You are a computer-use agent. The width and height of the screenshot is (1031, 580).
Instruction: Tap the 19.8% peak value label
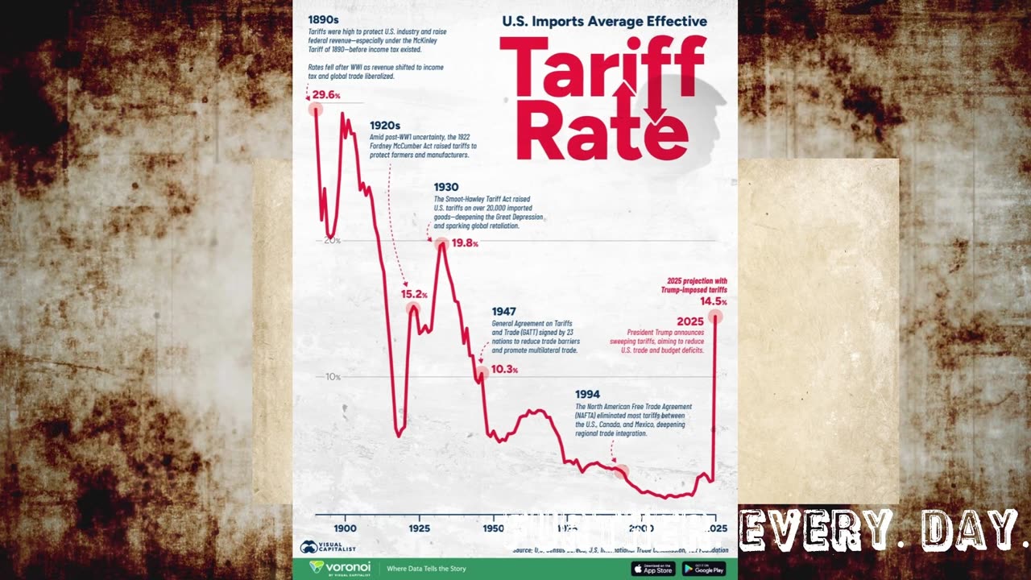465,243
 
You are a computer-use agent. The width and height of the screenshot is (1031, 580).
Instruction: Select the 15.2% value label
414,294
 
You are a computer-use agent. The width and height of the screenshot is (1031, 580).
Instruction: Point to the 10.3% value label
504,370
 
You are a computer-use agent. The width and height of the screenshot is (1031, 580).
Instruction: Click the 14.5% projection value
713,301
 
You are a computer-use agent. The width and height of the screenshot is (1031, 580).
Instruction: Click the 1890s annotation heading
323,19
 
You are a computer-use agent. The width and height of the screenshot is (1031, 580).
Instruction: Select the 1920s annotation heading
385,126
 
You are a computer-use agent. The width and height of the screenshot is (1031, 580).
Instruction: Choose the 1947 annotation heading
504,311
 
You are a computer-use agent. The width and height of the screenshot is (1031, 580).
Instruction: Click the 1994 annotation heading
587,394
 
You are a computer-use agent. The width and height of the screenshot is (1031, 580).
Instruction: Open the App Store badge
653,569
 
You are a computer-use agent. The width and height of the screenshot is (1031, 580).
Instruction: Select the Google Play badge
704,569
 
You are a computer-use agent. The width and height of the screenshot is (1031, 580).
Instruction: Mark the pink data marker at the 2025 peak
714,317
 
